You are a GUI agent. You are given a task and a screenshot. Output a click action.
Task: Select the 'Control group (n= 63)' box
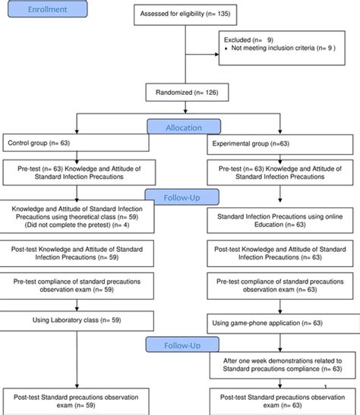(x=77, y=142)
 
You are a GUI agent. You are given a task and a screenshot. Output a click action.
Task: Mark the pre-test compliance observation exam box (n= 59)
(x=77, y=286)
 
